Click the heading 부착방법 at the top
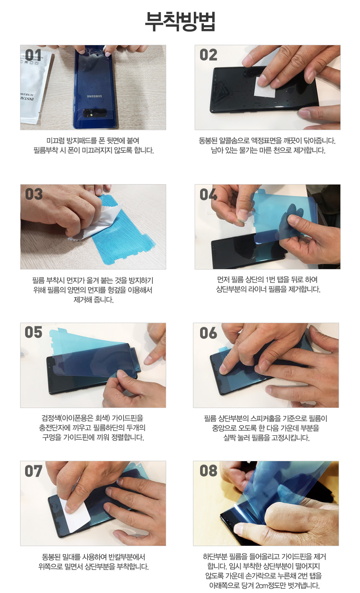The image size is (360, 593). click(180, 21)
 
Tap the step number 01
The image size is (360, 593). click(33, 55)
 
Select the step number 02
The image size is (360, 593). click(208, 55)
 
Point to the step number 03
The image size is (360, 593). click(33, 194)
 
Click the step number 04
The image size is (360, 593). click(208, 194)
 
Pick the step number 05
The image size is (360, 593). click(33, 332)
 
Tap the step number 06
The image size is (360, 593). click(208, 333)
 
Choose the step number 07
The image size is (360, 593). click(33, 471)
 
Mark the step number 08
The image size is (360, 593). click(208, 471)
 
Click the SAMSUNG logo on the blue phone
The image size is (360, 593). click(95, 96)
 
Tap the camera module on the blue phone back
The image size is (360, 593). click(95, 113)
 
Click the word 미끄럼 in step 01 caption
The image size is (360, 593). click(55, 141)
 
